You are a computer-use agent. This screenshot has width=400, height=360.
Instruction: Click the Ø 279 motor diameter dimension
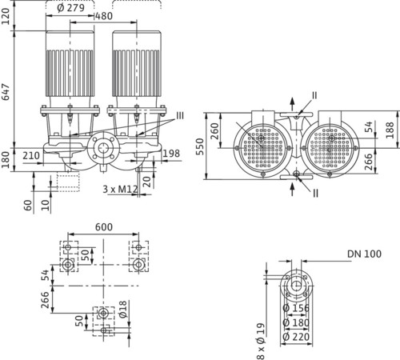coord(71,8)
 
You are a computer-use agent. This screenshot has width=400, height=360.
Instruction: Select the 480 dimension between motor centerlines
coord(104,16)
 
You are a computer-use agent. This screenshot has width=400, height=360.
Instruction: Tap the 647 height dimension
coord(6,92)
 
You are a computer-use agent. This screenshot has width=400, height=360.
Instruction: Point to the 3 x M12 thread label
coord(121,189)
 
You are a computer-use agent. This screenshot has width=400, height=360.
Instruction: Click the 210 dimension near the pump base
coord(31,155)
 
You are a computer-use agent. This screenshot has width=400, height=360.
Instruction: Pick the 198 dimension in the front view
coord(171,154)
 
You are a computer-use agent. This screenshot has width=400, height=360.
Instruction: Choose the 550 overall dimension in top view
coord(200,146)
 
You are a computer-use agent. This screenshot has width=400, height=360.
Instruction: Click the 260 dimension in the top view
coord(214,131)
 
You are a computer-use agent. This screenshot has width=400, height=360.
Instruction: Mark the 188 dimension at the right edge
coord(390,130)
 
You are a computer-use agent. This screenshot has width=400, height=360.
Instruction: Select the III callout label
coord(180,115)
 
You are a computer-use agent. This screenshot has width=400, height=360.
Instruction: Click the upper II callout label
coord(314,95)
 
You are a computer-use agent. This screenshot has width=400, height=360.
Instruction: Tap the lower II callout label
coord(315,194)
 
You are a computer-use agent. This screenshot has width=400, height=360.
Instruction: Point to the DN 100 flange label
coord(364,254)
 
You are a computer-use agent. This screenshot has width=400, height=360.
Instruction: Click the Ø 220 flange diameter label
coord(296,337)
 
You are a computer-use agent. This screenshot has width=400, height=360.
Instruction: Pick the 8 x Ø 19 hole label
coord(261,342)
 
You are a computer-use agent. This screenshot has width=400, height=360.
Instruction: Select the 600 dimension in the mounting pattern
coord(104,227)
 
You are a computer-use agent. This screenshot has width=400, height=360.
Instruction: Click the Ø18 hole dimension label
coord(123,310)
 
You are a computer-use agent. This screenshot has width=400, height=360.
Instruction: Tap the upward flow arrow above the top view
coord(293,104)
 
